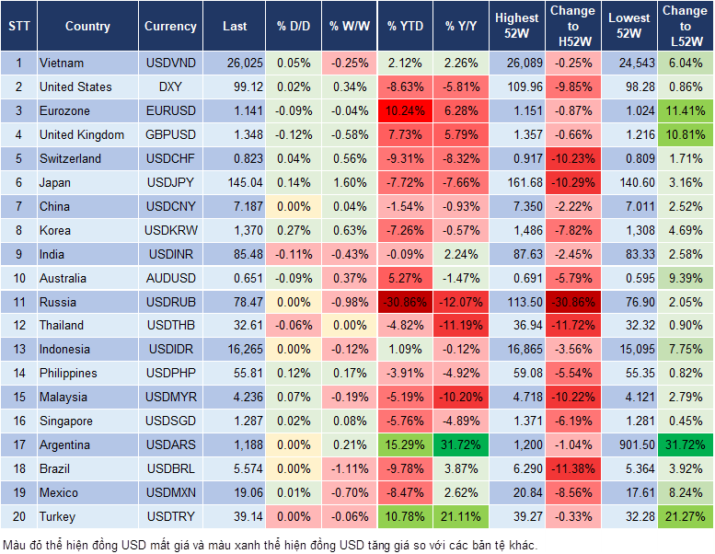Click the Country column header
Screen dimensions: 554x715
click(87, 27)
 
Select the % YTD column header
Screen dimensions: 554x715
click(406, 27)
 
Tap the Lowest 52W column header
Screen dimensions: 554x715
click(628, 27)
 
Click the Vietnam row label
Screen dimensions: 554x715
click(62, 63)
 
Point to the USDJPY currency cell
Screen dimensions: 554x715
click(169, 182)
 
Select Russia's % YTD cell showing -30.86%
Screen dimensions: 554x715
click(406, 302)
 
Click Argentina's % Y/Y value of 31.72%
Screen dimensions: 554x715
click(463, 445)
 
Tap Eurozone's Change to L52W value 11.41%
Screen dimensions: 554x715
click(685, 111)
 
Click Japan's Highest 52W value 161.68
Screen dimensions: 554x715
click(517, 182)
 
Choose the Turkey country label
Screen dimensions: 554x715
click(58, 517)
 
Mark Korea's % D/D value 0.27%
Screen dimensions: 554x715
click(293, 230)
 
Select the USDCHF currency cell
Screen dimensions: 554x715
click(169, 158)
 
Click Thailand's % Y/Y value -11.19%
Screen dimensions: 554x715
click(463, 326)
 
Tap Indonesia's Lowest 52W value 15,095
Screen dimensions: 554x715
click(628, 350)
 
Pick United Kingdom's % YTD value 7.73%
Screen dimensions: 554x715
click(406, 135)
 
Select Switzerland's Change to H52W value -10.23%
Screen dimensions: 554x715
click(572, 158)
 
